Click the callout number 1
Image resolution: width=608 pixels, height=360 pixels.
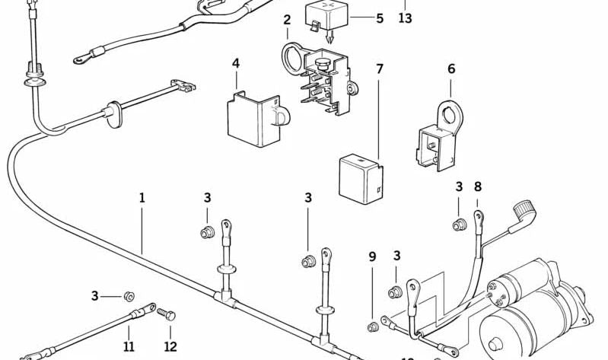tap(142, 198)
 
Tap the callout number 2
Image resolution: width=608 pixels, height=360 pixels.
tap(287, 20)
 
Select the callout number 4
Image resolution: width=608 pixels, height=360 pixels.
tap(236, 63)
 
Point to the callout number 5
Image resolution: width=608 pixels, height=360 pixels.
tap(380, 17)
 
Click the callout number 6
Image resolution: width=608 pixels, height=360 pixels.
tap(451, 69)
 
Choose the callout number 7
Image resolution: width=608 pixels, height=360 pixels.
tap(380, 69)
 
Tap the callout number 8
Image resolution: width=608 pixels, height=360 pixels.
tap(478, 186)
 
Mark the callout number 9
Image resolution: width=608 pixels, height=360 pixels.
tap(372, 257)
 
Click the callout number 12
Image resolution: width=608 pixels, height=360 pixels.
tap(170, 346)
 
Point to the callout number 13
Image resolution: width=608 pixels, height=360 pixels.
tap(405, 18)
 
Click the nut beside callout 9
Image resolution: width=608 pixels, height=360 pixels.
tap(373, 328)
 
